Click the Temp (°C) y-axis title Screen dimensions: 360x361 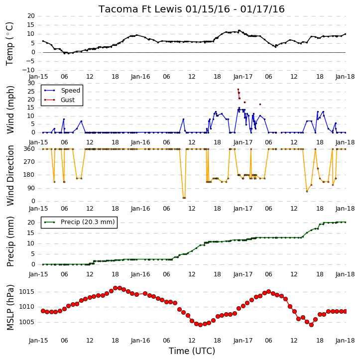[x=9, y=43]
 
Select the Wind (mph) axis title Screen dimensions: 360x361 [x=10, y=110]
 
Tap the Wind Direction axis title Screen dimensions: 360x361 [x=10, y=175]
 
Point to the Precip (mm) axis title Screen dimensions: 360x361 [x=10, y=241]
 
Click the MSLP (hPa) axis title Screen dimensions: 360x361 [x=10, y=307]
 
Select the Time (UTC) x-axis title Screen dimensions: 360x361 [x=192, y=351]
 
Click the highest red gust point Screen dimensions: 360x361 [x=238, y=89]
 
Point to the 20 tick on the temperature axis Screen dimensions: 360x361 [x=31, y=16]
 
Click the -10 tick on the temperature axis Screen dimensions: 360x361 [x=28, y=70]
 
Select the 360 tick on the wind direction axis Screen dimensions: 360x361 [x=29, y=149]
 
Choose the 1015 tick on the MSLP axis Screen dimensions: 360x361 [x=26, y=292]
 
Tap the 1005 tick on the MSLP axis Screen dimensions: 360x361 [x=26, y=322]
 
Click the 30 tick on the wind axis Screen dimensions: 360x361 [x=31, y=83]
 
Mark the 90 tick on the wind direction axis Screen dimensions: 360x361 [x=31, y=188]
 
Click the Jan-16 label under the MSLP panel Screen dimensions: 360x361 [x=140, y=341]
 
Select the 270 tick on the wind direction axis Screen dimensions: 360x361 [x=29, y=162]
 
